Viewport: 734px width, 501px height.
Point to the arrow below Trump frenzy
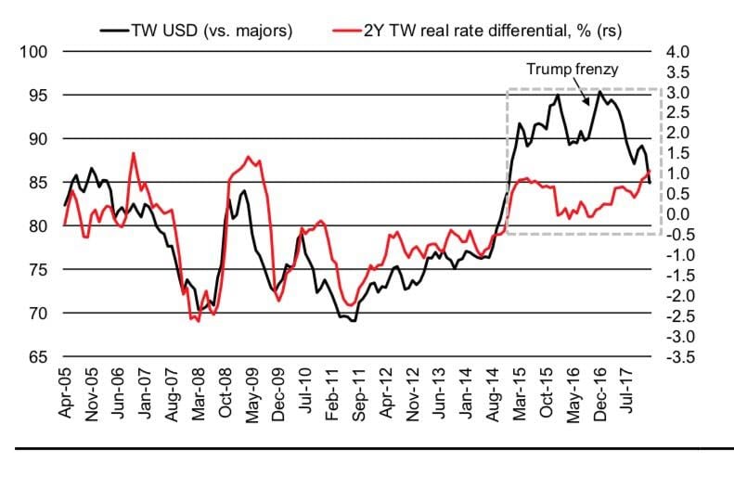[x=586, y=94]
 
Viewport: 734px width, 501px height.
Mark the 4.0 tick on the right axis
[x=678, y=51]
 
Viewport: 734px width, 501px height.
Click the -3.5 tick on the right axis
[x=676, y=356]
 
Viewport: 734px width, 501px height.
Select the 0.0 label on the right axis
[x=678, y=214]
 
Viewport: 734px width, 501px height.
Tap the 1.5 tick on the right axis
[x=678, y=153]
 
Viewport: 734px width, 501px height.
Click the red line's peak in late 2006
[x=134, y=153]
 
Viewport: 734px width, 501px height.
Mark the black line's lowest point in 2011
[x=353, y=321]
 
